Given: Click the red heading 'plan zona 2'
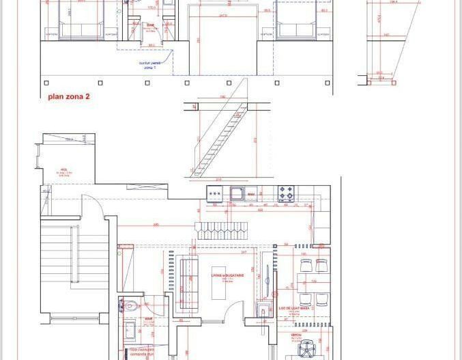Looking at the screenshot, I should click(x=68, y=97).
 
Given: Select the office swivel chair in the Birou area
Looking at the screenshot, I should click(x=305, y=350).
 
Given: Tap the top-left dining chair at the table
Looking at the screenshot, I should click(x=305, y=264).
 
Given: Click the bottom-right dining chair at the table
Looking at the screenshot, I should click(x=322, y=299).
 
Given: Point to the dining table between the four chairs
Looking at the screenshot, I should click(x=314, y=281).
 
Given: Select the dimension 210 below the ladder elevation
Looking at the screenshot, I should click(x=218, y=180).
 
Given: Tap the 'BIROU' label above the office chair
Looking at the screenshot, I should click(x=296, y=335).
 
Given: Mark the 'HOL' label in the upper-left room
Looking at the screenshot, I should click(x=63, y=169).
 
